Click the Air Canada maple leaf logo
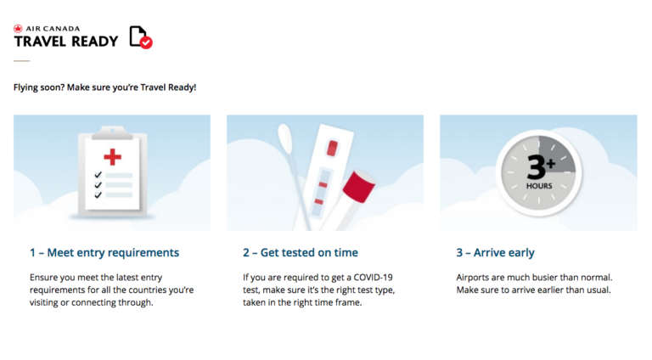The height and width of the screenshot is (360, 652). pos(18,28)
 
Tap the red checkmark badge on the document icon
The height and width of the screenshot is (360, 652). pos(146,42)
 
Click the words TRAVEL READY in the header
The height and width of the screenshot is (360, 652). pos(66,41)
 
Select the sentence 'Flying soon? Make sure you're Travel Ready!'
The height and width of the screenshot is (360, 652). pos(104,87)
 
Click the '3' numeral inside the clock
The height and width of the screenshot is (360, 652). pos(537,166)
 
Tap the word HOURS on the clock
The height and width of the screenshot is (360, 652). pos(539,185)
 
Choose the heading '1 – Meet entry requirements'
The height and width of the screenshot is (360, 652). pos(104,252)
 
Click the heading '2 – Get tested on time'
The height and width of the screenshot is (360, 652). pos(301,252)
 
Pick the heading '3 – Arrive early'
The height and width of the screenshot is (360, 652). pos(496,252)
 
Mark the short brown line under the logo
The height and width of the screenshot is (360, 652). pos(21,61)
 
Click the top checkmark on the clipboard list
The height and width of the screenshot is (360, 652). pos(98,174)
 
